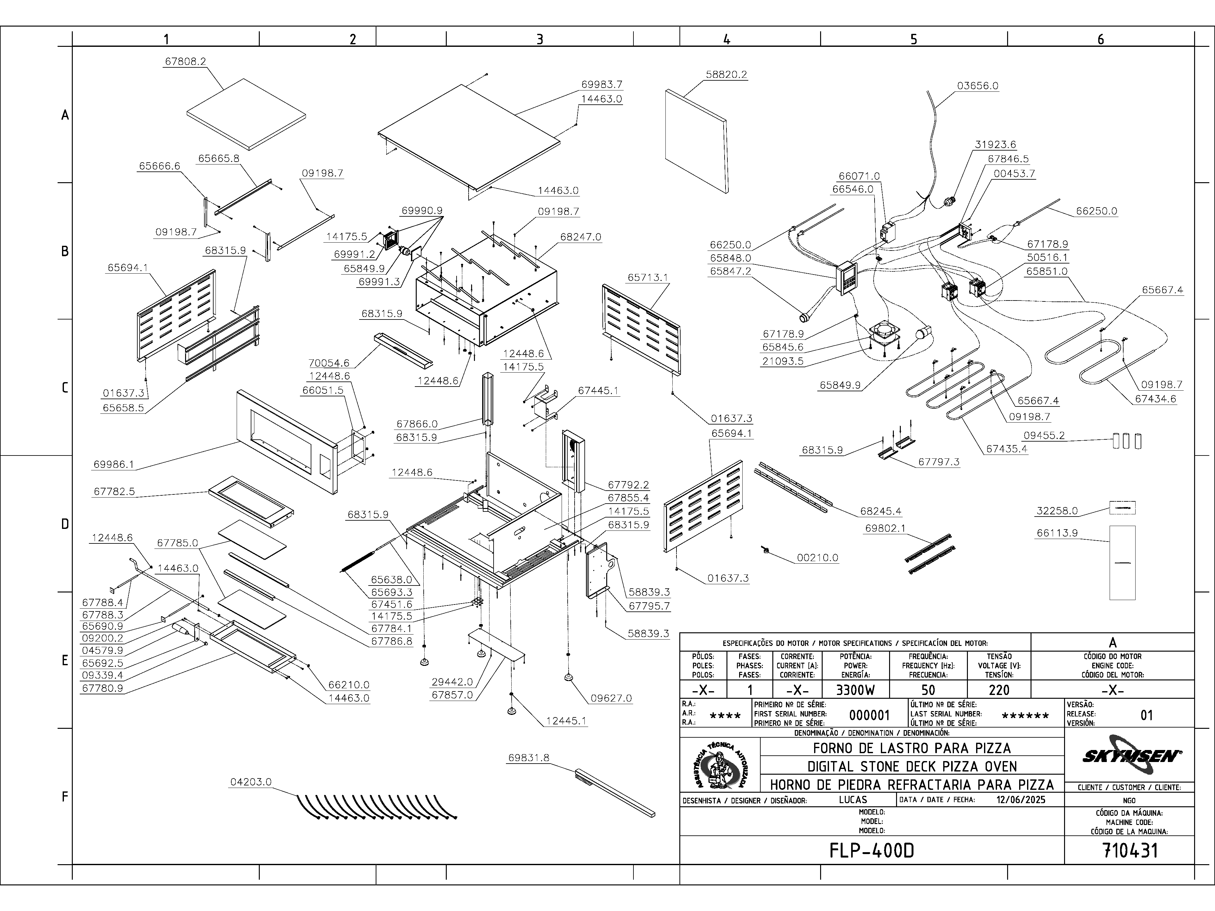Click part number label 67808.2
(x=185, y=61)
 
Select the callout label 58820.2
(x=726, y=75)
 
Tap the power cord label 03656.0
(x=978, y=86)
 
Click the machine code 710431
(x=1130, y=851)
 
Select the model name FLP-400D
(x=872, y=851)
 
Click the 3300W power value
(x=855, y=690)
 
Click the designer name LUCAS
(x=853, y=800)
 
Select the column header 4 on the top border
(x=727, y=39)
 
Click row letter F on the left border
(x=65, y=797)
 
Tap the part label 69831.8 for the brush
(x=528, y=758)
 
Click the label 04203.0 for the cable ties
(x=251, y=782)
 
